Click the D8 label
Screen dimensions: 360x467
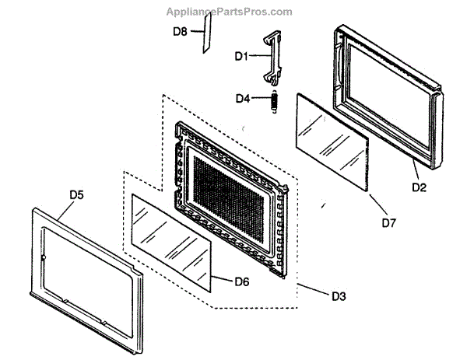pos(180,31)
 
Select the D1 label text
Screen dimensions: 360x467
pos(241,57)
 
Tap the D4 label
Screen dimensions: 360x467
pos(244,99)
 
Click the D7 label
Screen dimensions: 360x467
pos(390,223)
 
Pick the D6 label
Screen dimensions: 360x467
pos(241,281)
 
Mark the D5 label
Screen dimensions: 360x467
pos(76,195)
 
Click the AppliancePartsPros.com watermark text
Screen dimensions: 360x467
pos(230,12)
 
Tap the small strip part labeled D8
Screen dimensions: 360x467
pos(206,37)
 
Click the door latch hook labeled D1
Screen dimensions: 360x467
pos(273,56)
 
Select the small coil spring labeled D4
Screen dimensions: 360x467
pos(275,102)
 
